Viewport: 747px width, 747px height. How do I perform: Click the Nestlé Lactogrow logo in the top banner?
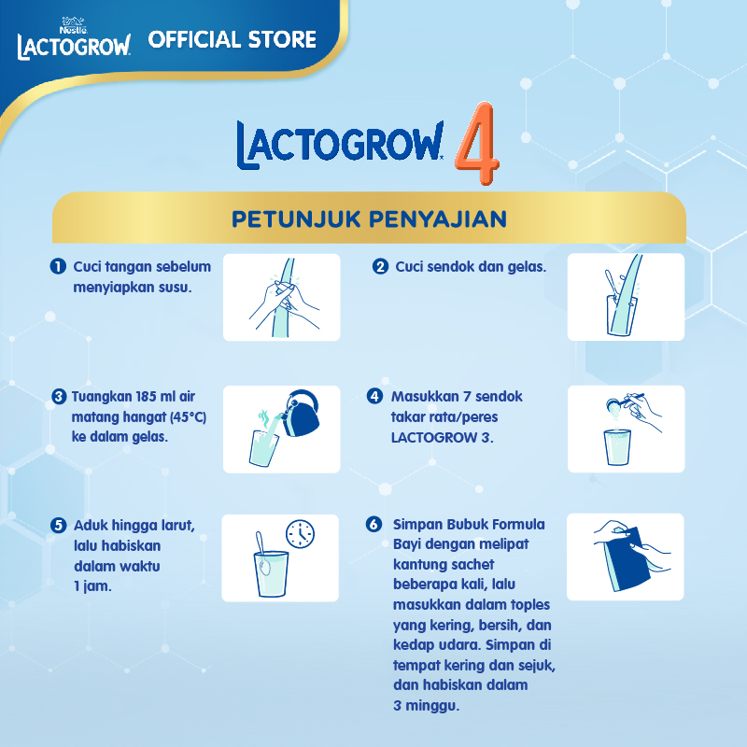pyautogui.click(x=73, y=39)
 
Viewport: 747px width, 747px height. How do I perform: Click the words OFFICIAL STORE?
pyautogui.click(x=233, y=40)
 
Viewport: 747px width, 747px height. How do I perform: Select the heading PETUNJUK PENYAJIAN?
pyautogui.click(x=369, y=218)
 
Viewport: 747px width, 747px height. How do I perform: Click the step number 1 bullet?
pyautogui.click(x=58, y=267)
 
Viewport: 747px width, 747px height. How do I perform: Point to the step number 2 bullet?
pyautogui.click(x=380, y=267)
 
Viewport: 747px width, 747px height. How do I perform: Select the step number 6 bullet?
pyautogui.click(x=375, y=525)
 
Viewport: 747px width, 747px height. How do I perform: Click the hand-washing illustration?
pyautogui.click(x=281, y=297)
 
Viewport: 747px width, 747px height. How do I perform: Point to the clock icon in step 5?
pyautogui.click(x=300, y=534)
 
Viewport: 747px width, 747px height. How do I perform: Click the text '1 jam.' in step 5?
pyautogui.click(x=92, y=586)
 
